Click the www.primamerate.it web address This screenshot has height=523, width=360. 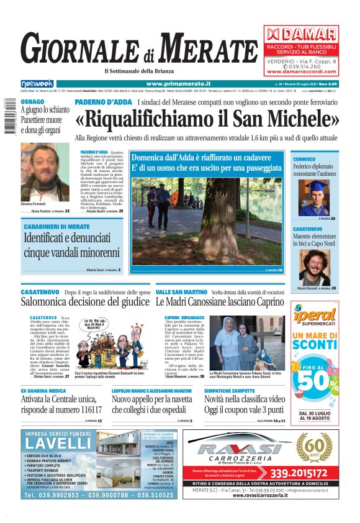178,84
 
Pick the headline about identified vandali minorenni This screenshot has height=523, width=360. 63,245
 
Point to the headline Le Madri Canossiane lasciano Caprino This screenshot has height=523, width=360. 219,302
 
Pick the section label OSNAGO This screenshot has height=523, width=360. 32,101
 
